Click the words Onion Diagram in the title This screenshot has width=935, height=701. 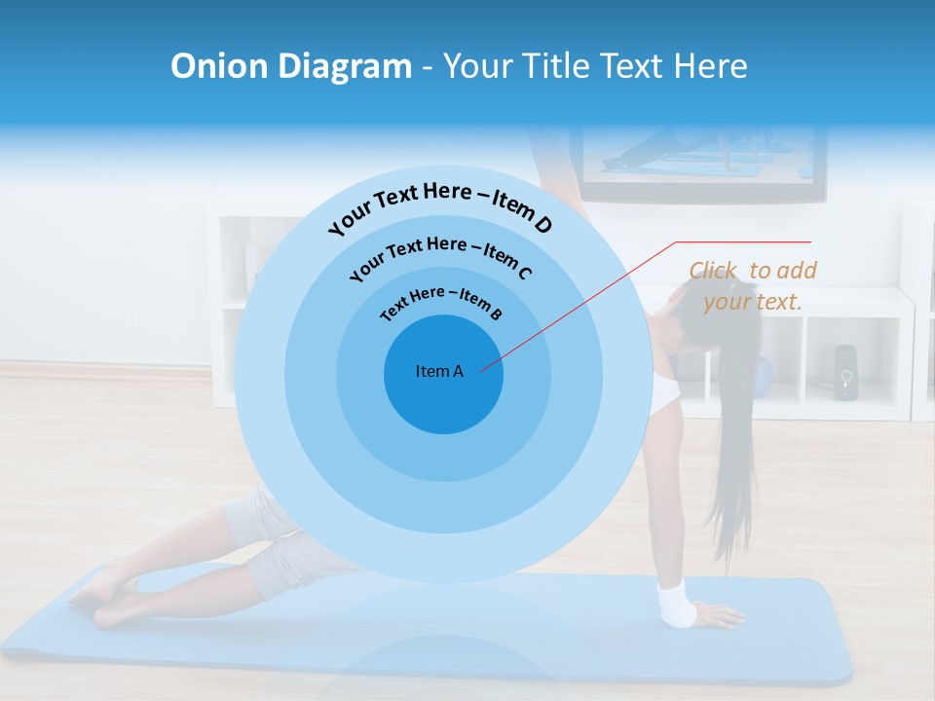(290, 66)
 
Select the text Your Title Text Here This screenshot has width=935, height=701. (595, 66)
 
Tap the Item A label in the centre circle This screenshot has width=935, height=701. (439, 371)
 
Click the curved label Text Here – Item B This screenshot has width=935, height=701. (441, 302)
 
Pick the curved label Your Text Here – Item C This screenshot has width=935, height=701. (440, 254)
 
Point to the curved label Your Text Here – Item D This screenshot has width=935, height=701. (440, 206)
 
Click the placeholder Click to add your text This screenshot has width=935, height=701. (752, 286)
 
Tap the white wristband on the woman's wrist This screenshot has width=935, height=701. (676, 603)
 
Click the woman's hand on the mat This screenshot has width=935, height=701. (718, 616)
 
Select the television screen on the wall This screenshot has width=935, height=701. (696, 156)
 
